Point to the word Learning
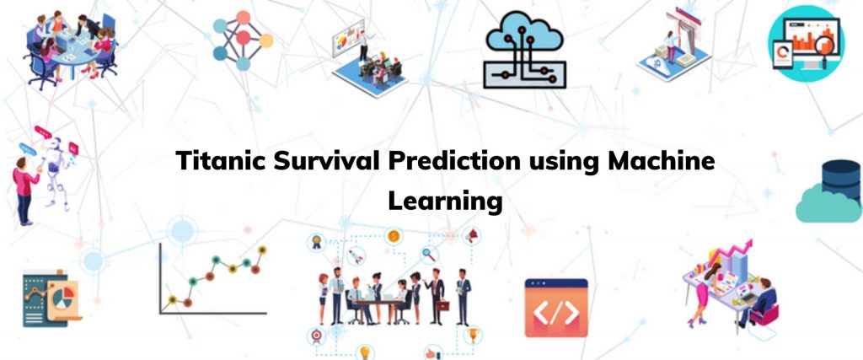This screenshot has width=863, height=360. click(445, 201)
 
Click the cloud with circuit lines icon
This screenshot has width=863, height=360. click(524, 50)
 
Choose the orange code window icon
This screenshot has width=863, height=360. click(556, 307)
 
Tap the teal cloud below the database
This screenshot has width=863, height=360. click(828, 204)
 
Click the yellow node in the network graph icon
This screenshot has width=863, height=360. click(265, 40)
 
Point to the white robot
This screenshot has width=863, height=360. click(57, 170)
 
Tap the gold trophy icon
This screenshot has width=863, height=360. click(472, 334)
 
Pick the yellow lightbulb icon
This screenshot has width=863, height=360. click(364, 352)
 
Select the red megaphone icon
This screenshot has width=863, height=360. click(472, 236)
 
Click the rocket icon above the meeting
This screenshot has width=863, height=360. click(356, 255)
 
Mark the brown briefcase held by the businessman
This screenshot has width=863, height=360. click(443, 304)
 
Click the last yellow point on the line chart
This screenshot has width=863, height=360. click(263, 250)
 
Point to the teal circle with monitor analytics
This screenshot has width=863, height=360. click(807, 44)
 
